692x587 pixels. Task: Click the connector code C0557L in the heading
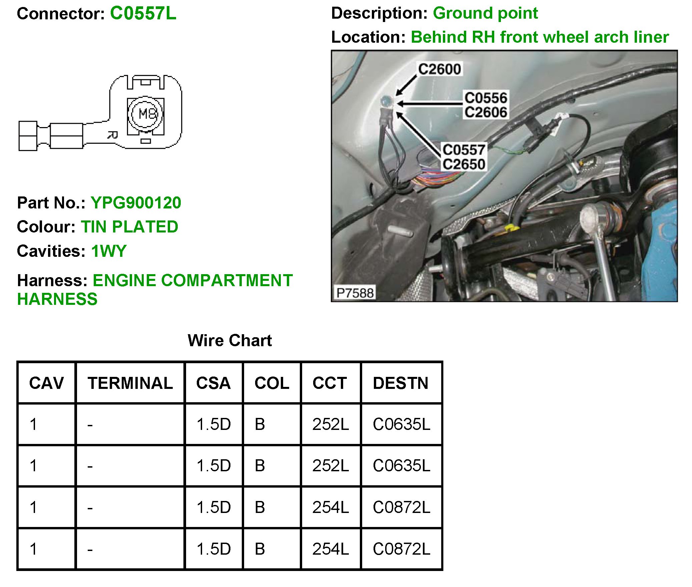[143, 14]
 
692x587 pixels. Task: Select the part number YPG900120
[136, 203]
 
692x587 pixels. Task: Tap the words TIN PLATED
[129, 227]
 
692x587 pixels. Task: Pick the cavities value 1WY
[109, 251]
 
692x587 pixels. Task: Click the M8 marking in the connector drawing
[147, 114]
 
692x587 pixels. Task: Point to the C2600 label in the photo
[440, 69]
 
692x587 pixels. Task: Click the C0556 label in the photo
[486, 98]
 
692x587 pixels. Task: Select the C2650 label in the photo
[464, 164]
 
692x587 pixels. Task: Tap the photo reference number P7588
[355, 293]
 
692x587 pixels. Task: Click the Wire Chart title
[230, 341]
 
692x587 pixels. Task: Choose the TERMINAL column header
[130, 383]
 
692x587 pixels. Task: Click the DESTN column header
[401, 383]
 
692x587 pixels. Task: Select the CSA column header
[213, 383]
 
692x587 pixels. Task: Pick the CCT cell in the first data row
[330, 424]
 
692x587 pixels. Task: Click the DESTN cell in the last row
[402, 549]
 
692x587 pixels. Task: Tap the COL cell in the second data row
[260, 466]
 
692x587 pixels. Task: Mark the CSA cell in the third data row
[213, 507]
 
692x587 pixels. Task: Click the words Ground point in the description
[485, 13]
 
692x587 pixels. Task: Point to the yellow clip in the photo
[511, 228]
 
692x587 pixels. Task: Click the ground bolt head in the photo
[386, 100]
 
